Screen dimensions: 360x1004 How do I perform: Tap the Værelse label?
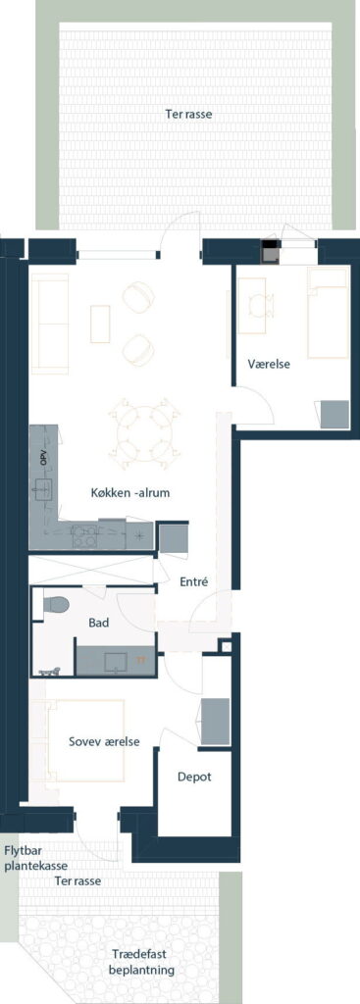point(269,365)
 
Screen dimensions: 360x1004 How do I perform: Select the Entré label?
point(195,581)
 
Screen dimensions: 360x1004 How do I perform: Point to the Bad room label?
point(98,622)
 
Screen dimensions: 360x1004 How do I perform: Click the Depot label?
point(194,777)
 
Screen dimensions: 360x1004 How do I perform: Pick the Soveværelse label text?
point(104,741)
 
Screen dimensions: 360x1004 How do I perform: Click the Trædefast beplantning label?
point(141,963)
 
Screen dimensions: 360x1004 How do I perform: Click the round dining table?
point(144,432)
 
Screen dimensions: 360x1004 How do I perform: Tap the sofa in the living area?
point(50,324)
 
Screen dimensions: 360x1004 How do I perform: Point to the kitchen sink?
point(43,489)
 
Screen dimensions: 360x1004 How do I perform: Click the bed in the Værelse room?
point(328,313)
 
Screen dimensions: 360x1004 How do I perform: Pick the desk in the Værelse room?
point(252,306)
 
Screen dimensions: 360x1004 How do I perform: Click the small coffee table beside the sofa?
point(101,324)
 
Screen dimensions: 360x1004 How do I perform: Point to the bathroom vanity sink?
point(117,661)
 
